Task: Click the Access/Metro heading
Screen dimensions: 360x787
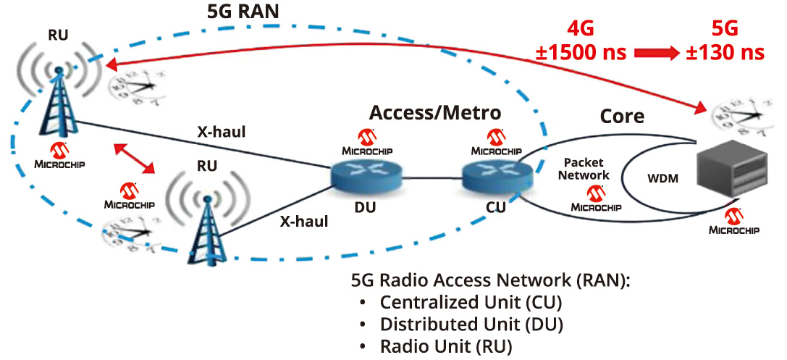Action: coord(434,112)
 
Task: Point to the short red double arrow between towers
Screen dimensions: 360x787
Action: coord(135,159)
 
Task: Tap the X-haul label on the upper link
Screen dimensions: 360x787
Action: coord(222,132)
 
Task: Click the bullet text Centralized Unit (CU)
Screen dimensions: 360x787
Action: coord(471,302)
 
